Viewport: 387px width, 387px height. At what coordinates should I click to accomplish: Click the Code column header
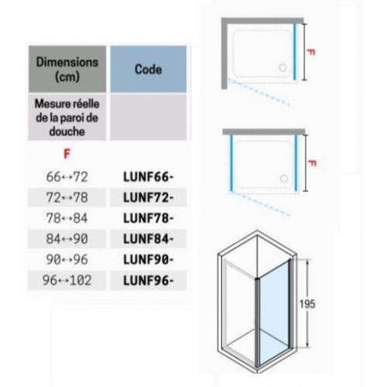(x=149, y=69)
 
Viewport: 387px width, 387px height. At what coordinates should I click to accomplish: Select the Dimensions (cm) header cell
(x=67, y=69)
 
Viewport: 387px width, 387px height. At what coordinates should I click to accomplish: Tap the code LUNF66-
(x=149, y=177)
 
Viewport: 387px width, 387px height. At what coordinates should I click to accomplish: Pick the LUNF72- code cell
(x=149, y=197)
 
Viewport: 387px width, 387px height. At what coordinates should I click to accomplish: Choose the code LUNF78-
(x=149, y=218)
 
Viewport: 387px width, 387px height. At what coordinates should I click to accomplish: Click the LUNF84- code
(x=149, y=239)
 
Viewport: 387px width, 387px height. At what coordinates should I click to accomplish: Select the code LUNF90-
(x=149, y=259)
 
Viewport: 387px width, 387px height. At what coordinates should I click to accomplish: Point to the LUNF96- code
(x=149, y=280)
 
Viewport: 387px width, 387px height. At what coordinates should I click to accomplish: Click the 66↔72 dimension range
(x=67, y=177)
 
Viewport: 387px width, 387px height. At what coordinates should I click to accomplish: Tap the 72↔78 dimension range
(x=67, y=197)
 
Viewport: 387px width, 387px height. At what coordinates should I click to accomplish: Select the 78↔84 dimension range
(x=67, y=218)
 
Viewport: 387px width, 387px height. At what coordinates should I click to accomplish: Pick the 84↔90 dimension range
(x=67, y=239)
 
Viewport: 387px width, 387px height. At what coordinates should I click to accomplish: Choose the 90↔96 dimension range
(x=67, y=259)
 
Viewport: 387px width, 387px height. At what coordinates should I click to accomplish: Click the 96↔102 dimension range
(x=67, y=280)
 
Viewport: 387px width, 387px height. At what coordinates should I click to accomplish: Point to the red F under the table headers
(x=67, y=154)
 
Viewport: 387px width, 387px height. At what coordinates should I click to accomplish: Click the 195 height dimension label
(x=307, y=304)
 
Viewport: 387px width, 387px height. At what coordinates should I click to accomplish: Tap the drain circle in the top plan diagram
(x=283, y=67)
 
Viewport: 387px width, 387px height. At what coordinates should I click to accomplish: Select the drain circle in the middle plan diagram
(x=284, y=179)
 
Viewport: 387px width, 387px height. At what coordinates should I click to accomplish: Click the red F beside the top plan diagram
(x=311, y=53)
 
